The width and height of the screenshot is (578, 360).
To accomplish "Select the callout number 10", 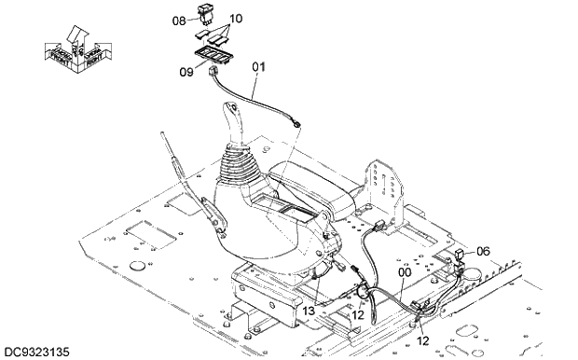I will point(235,19).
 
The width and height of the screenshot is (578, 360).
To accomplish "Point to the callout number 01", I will point(258,66).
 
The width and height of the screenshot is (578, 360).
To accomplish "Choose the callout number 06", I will point(483,251).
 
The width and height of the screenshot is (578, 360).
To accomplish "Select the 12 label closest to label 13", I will point(355,315).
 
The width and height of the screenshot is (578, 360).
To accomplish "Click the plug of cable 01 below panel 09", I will point(218,71).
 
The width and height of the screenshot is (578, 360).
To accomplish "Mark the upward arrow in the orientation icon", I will point(77,35).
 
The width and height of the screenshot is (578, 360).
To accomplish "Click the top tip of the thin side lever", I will point(163,137).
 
